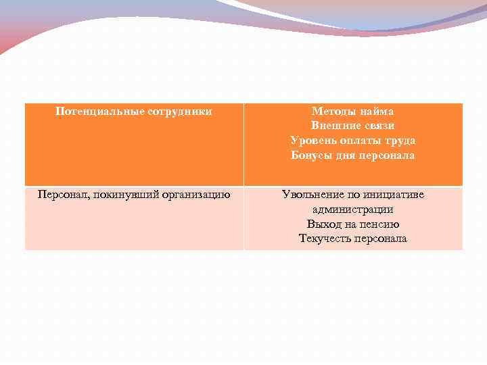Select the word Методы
tap(333, 111)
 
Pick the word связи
tap(379, 126)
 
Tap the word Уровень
tap(312, 141)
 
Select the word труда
tap(400, 141)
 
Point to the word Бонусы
tap(312, 155)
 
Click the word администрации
tap(353, 210)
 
